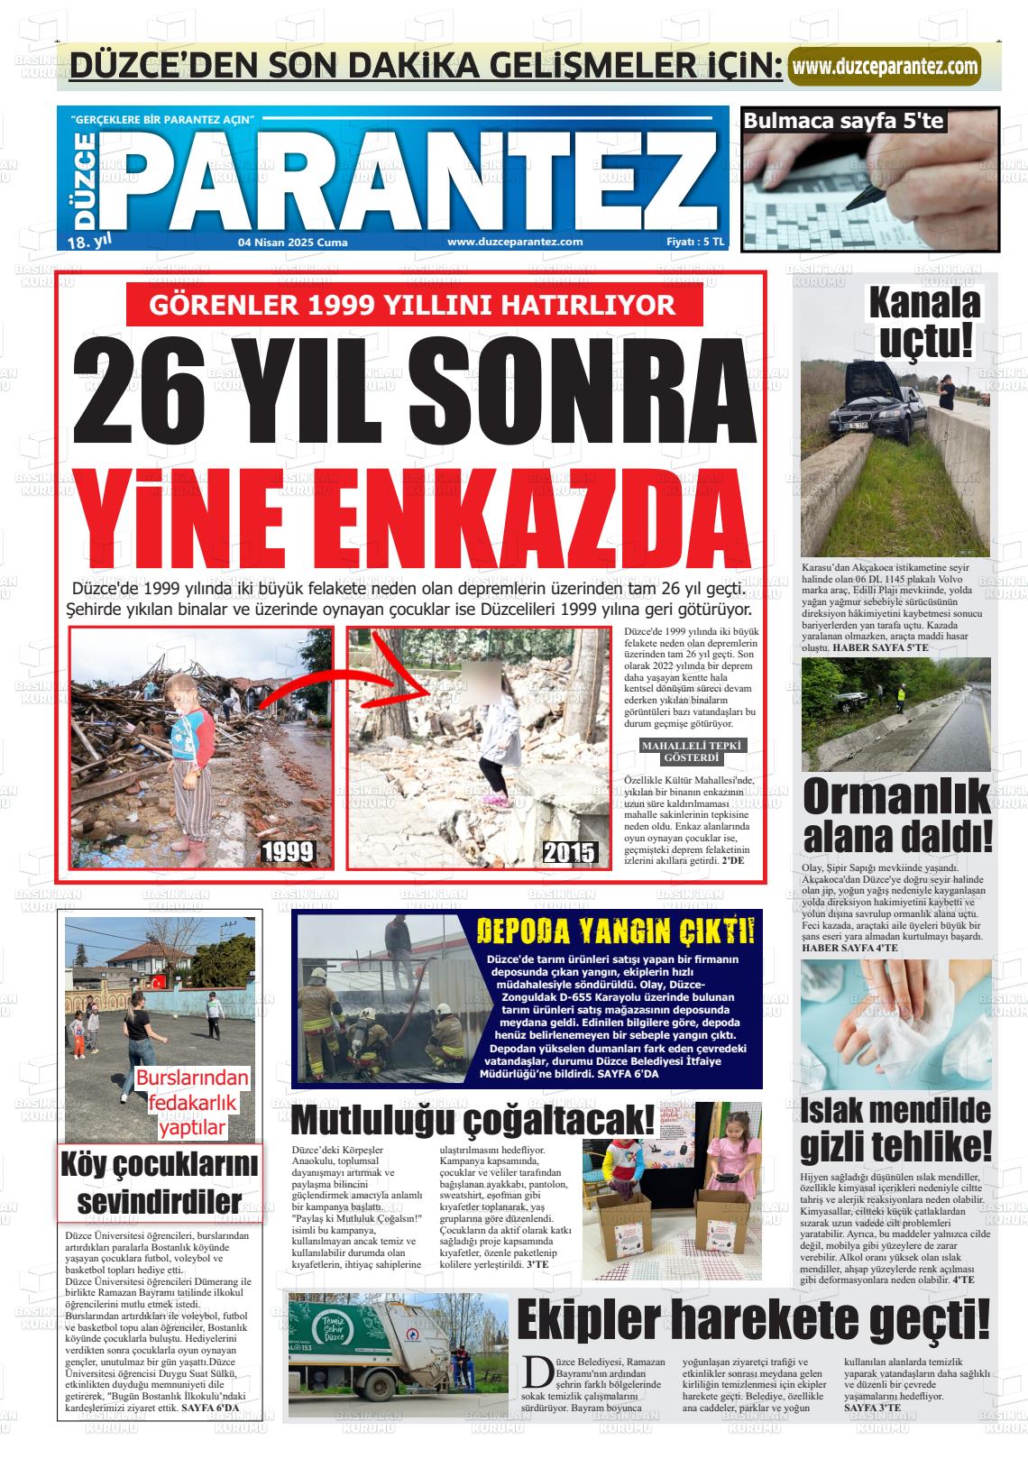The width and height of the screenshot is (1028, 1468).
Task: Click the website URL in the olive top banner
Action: (884, 67)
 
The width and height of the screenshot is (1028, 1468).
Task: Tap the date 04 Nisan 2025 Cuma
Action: (292, 242)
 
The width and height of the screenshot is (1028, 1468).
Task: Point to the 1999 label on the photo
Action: (288, 851)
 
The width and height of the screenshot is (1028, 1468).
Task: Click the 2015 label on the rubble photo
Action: (569, 851)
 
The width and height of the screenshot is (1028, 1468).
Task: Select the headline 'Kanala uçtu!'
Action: (924, 322)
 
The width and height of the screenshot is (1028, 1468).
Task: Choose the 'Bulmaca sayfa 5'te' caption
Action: (844, 120)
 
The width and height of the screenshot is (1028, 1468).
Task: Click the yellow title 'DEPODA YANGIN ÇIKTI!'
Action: (616, 931)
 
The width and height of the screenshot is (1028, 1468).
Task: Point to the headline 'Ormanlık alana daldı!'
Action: (897, 815)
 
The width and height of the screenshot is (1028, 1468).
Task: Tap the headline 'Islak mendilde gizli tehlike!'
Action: (895, 1129)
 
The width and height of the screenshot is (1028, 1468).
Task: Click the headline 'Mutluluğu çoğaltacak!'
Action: (473, 1120)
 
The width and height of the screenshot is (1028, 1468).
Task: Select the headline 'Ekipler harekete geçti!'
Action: (753, 1320)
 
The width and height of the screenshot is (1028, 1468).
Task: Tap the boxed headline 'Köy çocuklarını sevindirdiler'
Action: (160, 1181)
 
